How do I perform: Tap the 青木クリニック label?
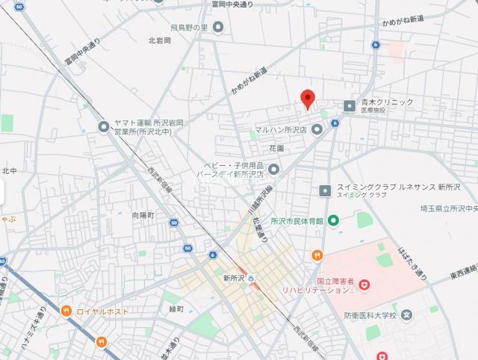[x=388, y=102]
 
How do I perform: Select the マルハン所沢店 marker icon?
[x=317, y=129]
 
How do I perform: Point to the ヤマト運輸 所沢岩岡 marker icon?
[x=104, y=127]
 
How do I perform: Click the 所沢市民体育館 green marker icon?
[x=333, y=220]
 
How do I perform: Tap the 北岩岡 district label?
[x=160, y=40]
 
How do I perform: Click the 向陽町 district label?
[x=143, y=214]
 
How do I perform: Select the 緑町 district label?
[x=177, y=308]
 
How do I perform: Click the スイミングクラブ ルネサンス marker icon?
[x=325, y=190]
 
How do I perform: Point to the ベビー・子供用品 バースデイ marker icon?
[x=273, y=169]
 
